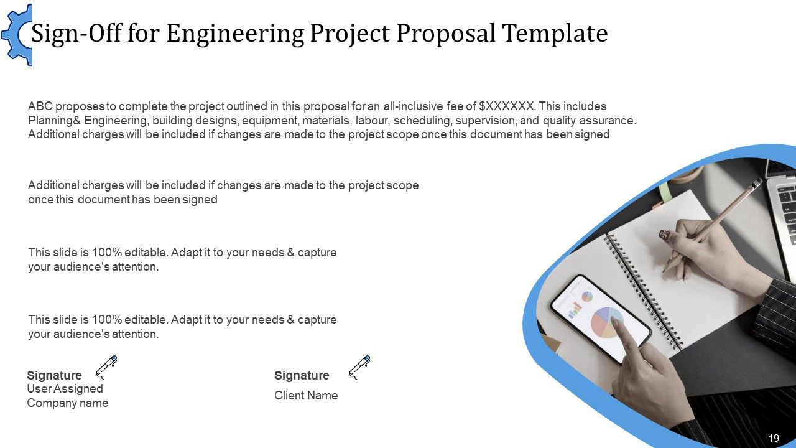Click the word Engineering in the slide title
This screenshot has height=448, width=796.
236,34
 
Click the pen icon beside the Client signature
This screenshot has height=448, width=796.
359,367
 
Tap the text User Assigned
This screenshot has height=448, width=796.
65,388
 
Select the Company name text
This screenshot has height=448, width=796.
67,403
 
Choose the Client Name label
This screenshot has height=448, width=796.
306,395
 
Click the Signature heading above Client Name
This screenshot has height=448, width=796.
302,375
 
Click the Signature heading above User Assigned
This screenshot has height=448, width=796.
54,375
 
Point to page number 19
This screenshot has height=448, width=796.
774,438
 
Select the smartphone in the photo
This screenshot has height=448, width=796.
597,317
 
